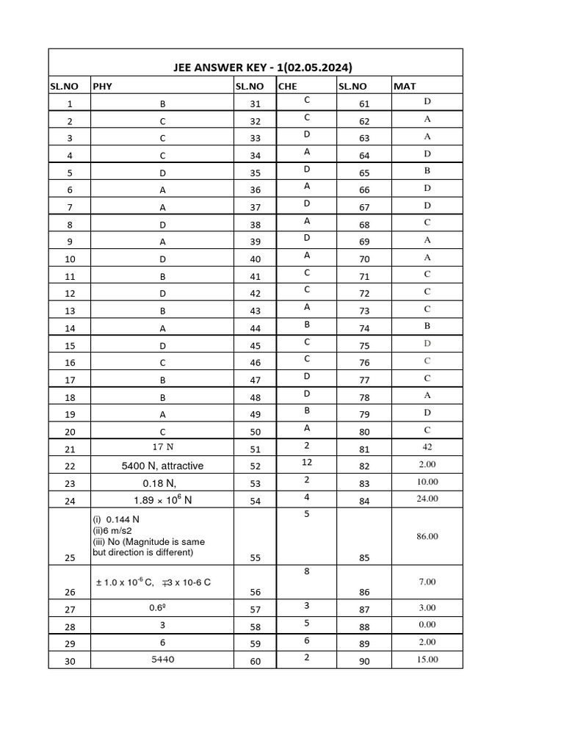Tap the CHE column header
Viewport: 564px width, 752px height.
pyautogui.click(x=286, y=87)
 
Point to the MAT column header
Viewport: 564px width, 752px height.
pyautogui.click(x=405, y=87)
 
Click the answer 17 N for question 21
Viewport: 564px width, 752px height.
pyautogui.click(x=162, y=447)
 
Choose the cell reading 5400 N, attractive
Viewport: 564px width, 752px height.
pyautogui.click(x=162, y=466)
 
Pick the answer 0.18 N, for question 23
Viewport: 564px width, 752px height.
pyautogui.click(x=162, y=483)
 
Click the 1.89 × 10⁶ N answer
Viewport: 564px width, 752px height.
pyautogui.click(x=162, y=501)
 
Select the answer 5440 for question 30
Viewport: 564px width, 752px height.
pyautogui.click(x=162, y=659)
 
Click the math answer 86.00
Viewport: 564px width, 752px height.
pyautogui.click(x=427, y=537)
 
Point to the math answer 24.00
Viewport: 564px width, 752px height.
pyautogui.click(x=427, y=499)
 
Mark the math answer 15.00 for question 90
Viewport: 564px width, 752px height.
pyautogui.click(x=427, y=659)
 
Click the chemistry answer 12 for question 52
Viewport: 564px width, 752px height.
pyautogui.click(x=307, y=463)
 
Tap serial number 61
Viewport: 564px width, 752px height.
pyautogui.click(x=364, y=104)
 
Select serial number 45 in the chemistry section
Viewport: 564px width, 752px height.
pyautogui.click(x=255, y=345)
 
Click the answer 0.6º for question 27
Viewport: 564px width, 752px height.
pyautogui.click(x=162, y=608)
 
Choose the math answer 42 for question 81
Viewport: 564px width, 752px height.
pyautogui.click(x=427, y=446)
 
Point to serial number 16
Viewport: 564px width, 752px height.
pyautogui.click(x=70, y=363)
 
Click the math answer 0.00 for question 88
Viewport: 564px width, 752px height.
pyautogui.click(x=427, y=625)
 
